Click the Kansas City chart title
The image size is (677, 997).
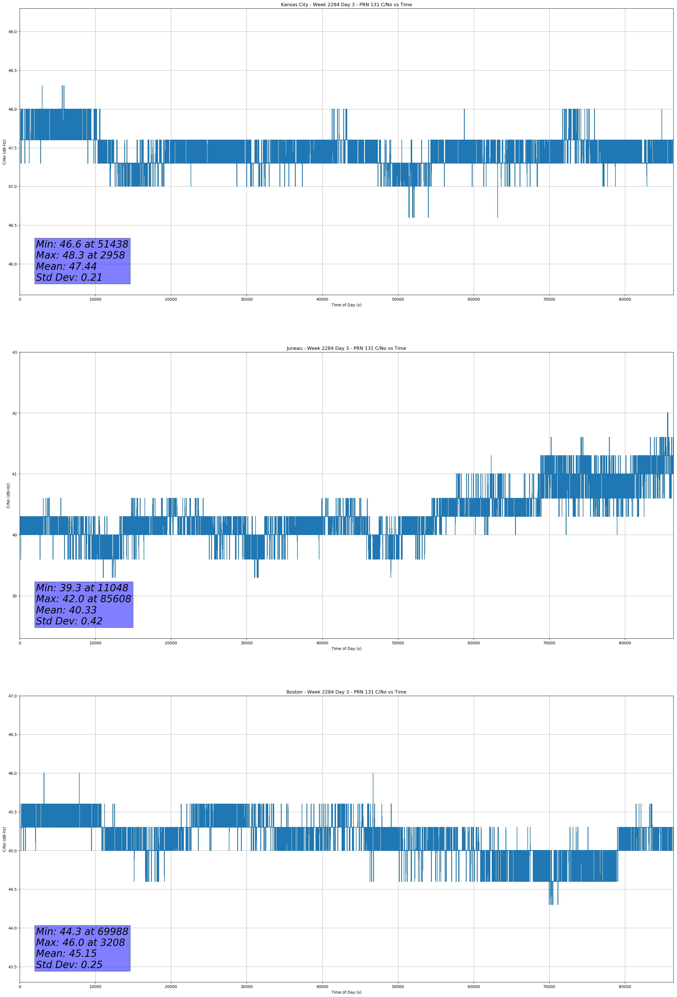(x=346, y=5)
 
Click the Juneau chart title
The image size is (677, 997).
(x=346, y=348)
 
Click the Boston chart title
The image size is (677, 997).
(x=346, y=692)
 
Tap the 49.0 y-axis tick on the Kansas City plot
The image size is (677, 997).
(x=12, y=32)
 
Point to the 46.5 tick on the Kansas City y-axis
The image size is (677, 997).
(x=12, y=225)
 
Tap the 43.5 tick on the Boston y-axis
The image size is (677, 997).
(x=12, y=967)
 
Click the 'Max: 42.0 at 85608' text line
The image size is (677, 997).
(x=83, y=599)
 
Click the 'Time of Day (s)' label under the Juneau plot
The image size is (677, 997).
(x=346, y=649)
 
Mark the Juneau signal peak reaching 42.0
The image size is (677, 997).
(x=667, y=414)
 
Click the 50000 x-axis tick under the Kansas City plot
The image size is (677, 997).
(x=398, y=300)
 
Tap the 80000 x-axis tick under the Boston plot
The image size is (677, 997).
(x=625, y=986)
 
